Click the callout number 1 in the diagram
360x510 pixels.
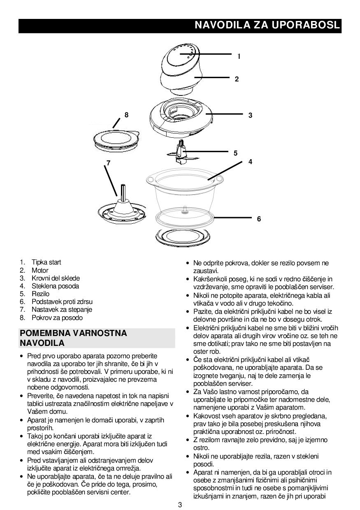[x=239, y=56]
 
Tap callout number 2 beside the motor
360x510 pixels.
[x=237, y=79]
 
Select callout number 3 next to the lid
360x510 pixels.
[x=250, y=116]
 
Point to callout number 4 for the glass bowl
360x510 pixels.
[x=250, y=162]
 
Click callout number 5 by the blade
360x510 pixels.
[x=235, y=153]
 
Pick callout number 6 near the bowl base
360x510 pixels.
[x=259, y=219]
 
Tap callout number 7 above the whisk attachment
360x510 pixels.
[x=109, y=163]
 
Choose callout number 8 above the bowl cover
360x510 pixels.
[x=126, y=115]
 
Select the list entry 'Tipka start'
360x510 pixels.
[x=46, y=262]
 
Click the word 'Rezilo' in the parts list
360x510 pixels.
[x=40, y=294]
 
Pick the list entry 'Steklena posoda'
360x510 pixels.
[x=55, y=286]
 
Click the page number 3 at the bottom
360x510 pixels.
[x=180, y=505]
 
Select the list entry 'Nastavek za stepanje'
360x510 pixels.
[x=62, y=309]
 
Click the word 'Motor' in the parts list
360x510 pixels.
[x=40, y=270]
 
